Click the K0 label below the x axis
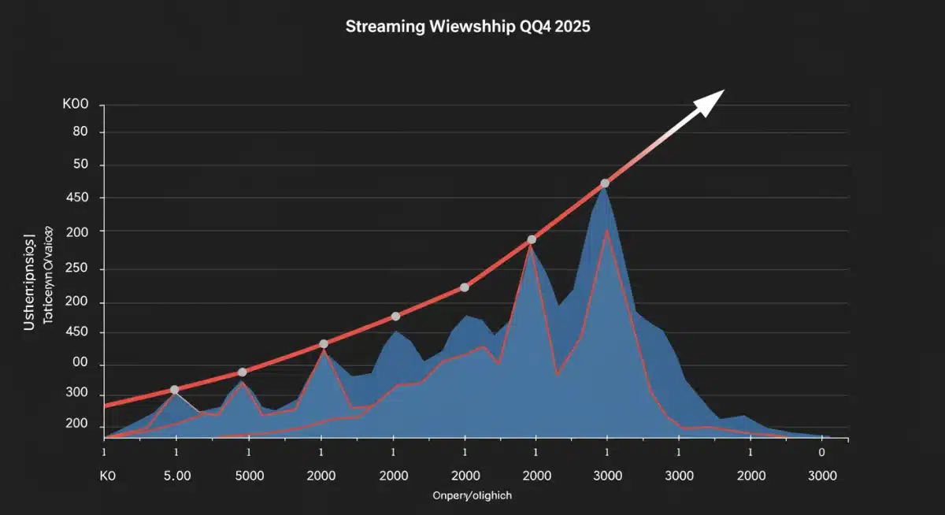[x=108, y=476]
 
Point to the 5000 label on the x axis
[x=249, y=476]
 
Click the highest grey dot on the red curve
[x=605, y=183]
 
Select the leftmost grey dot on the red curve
[x=174, y=390]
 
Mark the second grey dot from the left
[x=242, y=372]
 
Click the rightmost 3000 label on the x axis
[x=822, y=476]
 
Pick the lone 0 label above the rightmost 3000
[x=822, y=453]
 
